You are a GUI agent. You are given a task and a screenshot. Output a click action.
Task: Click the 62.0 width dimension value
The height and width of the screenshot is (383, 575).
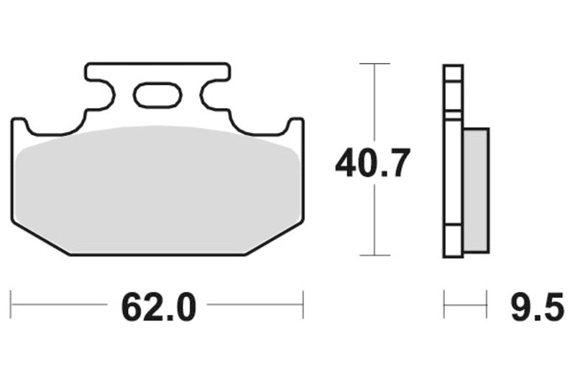click(x=158, y=308)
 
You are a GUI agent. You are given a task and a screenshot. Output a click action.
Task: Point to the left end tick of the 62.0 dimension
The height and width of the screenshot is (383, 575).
click(x=11, y=305)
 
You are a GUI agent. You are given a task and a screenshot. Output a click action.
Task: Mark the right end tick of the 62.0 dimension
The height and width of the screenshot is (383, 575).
click(x=303, y=305)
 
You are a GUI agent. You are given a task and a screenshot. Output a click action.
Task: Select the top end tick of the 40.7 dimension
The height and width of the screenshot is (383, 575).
click(x=374, y=64)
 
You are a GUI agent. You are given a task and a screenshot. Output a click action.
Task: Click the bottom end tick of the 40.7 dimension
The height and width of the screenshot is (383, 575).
click(x=374, y=255)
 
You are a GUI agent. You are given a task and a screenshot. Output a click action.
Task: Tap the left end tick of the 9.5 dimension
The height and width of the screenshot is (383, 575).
click(x=444, y=305)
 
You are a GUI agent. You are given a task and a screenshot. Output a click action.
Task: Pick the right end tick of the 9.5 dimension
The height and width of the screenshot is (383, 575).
click(x=488, y=305)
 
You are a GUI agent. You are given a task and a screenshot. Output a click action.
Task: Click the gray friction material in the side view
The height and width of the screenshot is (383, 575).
click(x=476, y=190)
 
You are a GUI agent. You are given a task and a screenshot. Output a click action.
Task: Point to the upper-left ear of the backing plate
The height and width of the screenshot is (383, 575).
click(x=19, y=125)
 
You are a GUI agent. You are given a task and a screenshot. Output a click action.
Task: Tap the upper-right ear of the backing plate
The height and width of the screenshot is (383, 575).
click(x=295, y=125)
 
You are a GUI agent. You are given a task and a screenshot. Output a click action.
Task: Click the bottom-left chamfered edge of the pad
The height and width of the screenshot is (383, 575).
click(x=40, y=238)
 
